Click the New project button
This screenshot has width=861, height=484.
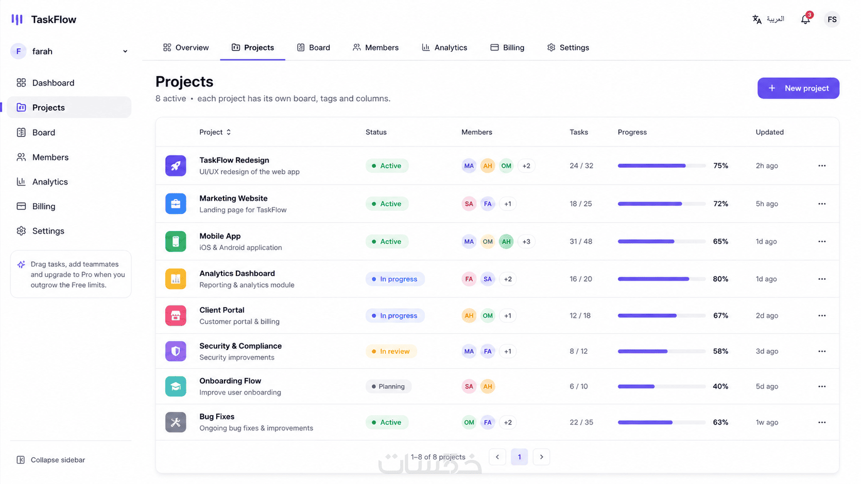pyautogui.click(x=798, y=88)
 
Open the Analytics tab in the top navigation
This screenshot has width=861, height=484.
pyautogui.click(x=444, y=48)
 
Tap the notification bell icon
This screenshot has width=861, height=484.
pyautogui.click(x=806, y=19)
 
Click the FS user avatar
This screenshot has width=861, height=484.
pyautogui.click(x=832, y=20)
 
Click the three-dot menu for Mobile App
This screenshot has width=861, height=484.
pyautogui.click(x=822, y=241)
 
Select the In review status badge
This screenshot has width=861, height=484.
pyautogui.click(x=391, y=351)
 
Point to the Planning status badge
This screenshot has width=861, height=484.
pyautogui.click(x=388, y=386)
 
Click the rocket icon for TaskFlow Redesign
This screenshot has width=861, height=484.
pyautogui.click(x=176, y=166)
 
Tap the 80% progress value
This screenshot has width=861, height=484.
pyautogui.click(x=720, y=279)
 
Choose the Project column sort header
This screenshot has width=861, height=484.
pyautogui.click(x=215, y=132)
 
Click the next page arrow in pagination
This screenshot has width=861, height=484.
pyautogui.click(x=541, y=457)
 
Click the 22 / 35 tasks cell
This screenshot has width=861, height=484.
pyautogui.click(x=581, y=422)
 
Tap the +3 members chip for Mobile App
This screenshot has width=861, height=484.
pyautogui.click(x=526, y=241)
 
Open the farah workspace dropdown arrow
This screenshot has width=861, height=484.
pyautogui.click(x=125, y=51)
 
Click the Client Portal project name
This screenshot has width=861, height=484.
pyautogui.click(x=222, y=310)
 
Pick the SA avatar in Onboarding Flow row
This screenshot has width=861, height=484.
pyautogui.click(x=469, y=386)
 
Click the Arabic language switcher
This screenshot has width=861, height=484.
pyautogui.click(x=768, y=19)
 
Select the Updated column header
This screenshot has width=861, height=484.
pyautogui.click(x=769, y=132)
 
